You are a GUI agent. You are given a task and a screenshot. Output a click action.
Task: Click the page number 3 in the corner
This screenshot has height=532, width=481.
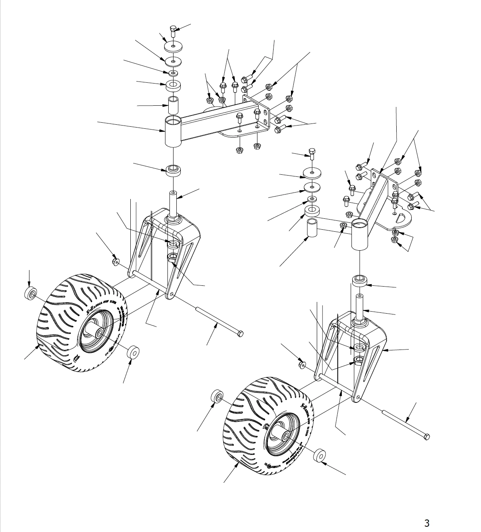427,523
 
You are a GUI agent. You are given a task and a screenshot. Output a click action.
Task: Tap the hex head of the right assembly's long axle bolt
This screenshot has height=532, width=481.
427,436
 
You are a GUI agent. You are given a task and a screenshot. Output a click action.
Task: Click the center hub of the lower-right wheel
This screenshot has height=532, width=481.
284,436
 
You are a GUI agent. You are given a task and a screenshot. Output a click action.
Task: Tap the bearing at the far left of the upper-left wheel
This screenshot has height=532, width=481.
30,294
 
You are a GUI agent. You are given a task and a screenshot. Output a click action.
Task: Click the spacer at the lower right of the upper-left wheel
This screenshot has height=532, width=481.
133,352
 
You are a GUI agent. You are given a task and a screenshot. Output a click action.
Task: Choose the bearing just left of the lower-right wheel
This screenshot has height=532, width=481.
217,396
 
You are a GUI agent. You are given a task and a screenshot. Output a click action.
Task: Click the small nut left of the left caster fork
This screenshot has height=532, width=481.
115,262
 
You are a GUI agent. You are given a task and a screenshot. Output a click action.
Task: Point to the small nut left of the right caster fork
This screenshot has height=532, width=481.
302,365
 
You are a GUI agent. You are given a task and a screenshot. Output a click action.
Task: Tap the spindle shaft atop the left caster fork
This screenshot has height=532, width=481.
173,204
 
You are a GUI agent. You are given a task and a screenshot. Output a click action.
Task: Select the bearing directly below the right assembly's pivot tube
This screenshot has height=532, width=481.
359,281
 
